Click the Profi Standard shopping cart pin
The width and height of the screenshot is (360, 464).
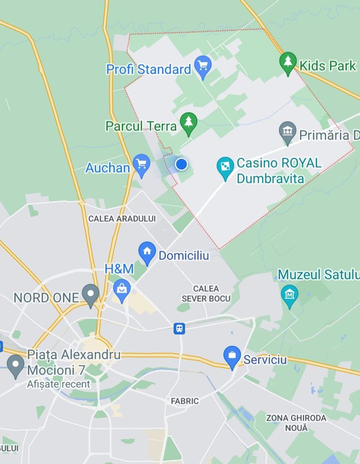pyautogui.click(x=203, y=66)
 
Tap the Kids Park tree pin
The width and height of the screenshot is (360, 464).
pyautogui.click(x=288, y=62)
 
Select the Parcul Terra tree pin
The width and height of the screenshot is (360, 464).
pyautogui.click(x=188, y=123)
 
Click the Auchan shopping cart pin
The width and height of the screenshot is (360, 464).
pyautogui.click(x=141, y=165)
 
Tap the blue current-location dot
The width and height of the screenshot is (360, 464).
pyautogui.click(x=182, y=164)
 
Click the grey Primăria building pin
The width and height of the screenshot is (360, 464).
pyautogui.click(x=287, y=132)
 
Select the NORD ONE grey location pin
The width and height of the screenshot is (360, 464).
pyautogui.click(x=91, y=294)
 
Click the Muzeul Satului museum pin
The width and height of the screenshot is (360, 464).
pyautogui.click(x=290, y=295)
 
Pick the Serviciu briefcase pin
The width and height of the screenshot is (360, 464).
pyautogui.click(x=232, y=356)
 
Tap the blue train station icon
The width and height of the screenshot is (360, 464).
pyautogui.click(x=179, y=329)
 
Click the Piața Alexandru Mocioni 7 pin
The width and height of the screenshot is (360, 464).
pyautogui.click(x=16, y=365)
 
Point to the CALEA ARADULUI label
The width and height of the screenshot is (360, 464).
pyautogui.click(x=122, y=219)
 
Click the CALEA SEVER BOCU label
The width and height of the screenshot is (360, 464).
pyautogui.click(x=206, y=293)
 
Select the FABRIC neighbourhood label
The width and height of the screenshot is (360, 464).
pyautogui.click(x=185, y=401)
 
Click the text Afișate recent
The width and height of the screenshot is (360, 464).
pyautogui.click(x=59, y=384)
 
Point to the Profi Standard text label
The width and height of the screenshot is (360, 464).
pyautogui.click(x=149, y=69)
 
